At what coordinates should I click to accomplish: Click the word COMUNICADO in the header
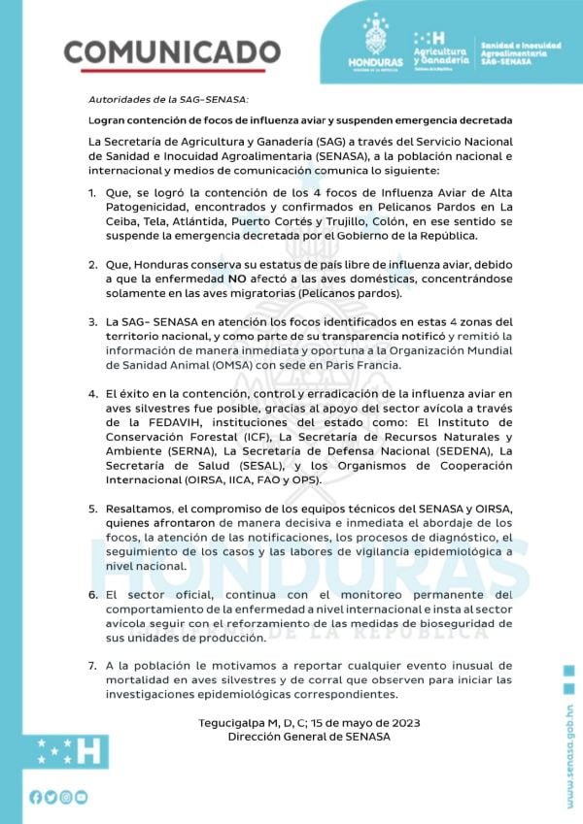point(172,50)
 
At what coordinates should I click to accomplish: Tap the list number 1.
point(91,192)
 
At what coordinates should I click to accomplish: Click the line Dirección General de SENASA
point(308,738)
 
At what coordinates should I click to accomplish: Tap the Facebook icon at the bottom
point(36,797)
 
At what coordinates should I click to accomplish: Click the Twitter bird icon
point(51,797)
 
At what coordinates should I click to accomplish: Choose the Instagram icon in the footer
point(66,797)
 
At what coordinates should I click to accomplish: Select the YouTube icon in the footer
point(82,797)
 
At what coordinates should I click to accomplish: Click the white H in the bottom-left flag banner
point(86,748)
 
